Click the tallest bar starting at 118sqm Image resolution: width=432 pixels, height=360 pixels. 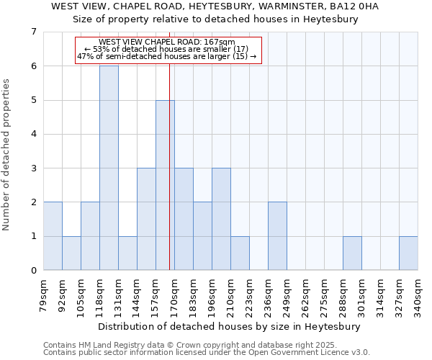coord(109,168)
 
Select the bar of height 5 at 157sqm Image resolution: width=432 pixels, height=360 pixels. coord(165,185)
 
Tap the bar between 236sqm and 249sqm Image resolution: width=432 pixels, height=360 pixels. coord(277,236)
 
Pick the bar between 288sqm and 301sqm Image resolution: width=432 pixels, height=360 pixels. coord(352,253)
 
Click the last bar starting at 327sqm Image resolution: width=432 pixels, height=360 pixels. coord(408,253)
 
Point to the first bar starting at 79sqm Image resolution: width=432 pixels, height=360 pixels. coord(53,236)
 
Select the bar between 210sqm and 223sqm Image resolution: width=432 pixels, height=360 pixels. coord(240,253)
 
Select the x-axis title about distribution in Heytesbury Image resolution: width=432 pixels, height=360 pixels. coord(230,326)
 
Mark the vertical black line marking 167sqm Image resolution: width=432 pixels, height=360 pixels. coord(169,166)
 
